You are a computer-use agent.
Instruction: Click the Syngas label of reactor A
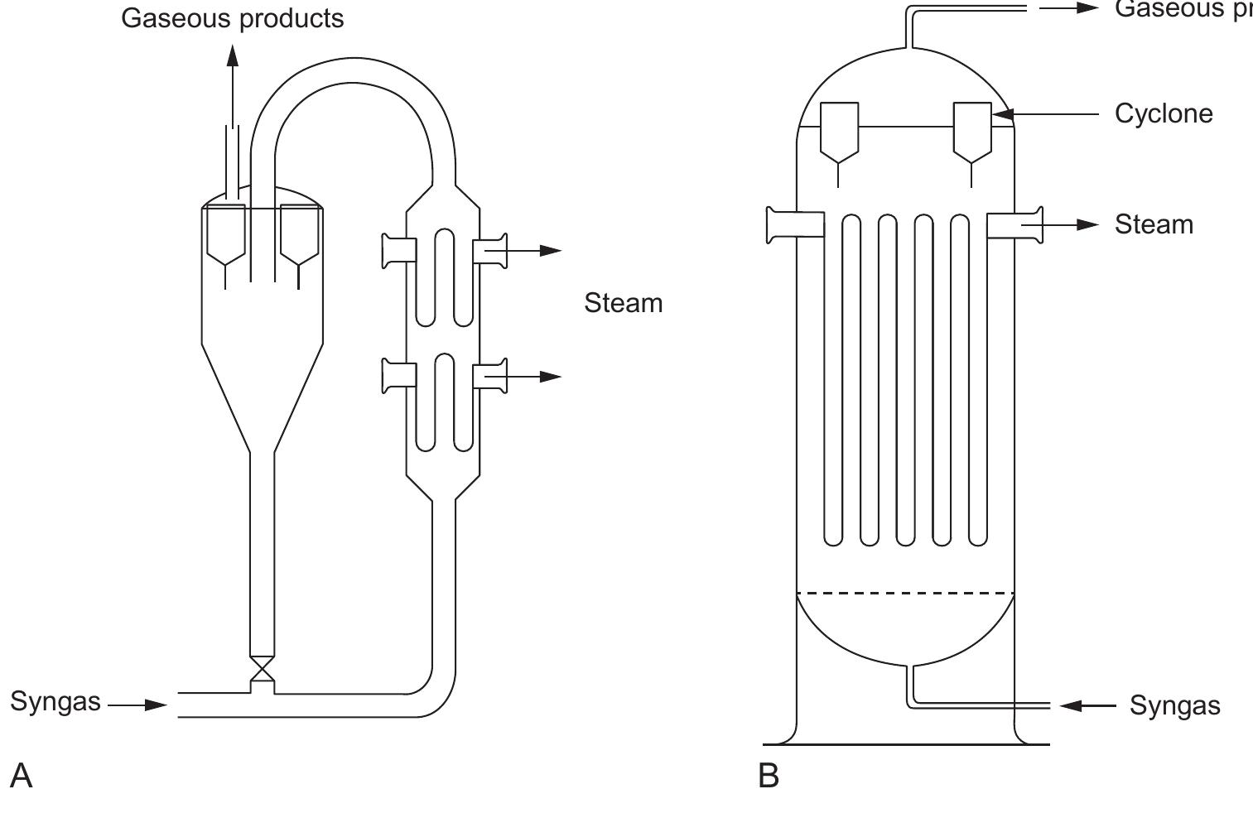[55, 702]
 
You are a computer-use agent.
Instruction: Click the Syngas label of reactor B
[1174, 705]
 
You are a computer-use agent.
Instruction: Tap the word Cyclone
[1164, 113]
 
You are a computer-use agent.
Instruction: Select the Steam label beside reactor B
[1154, 224]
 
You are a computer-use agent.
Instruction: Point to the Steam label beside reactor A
[623, 303]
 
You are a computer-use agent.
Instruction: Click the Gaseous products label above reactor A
[233, 18]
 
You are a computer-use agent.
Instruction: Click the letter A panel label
[22, 777]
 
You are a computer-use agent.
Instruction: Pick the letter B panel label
[769, 777]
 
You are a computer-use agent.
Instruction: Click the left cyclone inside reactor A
[225, 236]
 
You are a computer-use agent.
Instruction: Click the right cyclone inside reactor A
[300, 236]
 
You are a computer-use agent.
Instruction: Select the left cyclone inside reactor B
[839, 132]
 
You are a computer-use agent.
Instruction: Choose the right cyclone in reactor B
[972, 132]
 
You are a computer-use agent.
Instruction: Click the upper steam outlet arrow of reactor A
[534, 251]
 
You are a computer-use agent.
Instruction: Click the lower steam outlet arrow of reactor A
[534, 377]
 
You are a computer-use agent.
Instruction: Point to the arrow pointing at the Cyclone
[1048, 113]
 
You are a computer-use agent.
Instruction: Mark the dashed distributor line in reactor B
[905, 593]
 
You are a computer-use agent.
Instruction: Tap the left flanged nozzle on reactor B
[795, 225]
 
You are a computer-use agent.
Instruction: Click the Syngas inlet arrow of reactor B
[1087, 705]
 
